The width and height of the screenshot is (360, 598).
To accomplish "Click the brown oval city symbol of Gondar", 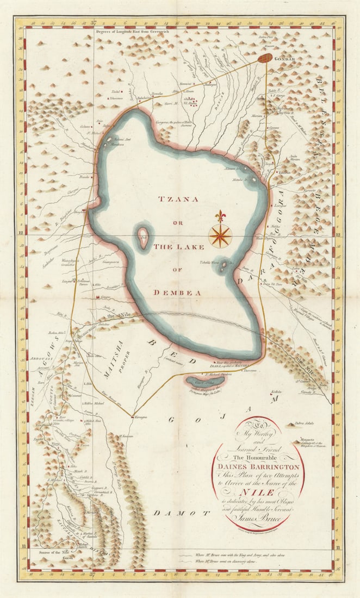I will tap(265, 58).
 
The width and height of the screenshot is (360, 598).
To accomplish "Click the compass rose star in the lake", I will tap(220, 235).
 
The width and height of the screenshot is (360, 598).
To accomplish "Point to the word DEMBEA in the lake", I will tap(178, 292).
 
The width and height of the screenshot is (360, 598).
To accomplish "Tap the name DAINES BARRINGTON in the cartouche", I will tap(259, 466).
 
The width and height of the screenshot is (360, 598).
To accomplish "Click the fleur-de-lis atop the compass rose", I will tap(220, 216).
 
